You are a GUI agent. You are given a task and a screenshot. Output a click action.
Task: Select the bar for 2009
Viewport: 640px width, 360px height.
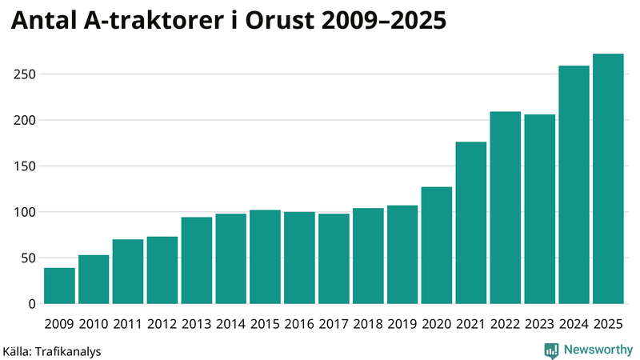click(x=59, y=286)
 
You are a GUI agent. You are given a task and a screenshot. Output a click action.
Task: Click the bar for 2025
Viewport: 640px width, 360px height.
click(x=608, y=179)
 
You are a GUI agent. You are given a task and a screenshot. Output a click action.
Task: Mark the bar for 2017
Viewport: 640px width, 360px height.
click(x=334, y=259)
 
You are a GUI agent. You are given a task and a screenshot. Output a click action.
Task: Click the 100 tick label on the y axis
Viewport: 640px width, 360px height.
click(x=25, y=212)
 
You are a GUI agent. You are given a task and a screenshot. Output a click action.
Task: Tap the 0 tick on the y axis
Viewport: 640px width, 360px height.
click(x=32, y=304)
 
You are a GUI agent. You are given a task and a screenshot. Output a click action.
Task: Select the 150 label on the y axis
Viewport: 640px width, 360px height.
click(x=25, y=166)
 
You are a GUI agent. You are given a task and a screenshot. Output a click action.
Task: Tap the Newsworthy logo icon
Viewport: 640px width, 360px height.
click(x=551, y=350)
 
